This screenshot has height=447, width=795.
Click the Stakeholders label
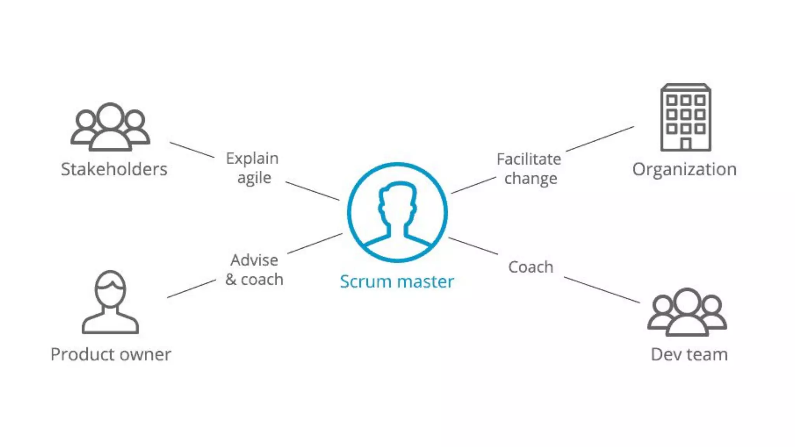pos(114,169)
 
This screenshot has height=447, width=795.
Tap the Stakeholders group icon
pos(110,127)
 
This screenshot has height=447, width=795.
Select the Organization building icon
pos(686,117)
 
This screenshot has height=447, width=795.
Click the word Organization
pos(684,169)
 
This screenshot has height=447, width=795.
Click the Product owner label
pos(111,354)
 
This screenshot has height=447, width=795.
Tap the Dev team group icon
pos(687,312)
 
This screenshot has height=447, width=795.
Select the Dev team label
pos(689,354)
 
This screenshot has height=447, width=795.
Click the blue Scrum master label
pos(397,282)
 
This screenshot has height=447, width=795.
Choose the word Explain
pos(252,158)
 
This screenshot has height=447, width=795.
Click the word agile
pos(254,178)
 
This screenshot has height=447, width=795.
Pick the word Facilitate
pos(529,159)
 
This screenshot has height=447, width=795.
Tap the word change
pos(531,178)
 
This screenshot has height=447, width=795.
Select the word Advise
pos(254,260)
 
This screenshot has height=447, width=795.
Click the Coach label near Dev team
pos(531,267)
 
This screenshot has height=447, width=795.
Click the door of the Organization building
pos(686,144)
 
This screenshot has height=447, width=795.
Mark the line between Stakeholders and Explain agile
pos(192,149)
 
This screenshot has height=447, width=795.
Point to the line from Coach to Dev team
pos(601,289)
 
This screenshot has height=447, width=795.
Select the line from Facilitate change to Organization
pos(600,139)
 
